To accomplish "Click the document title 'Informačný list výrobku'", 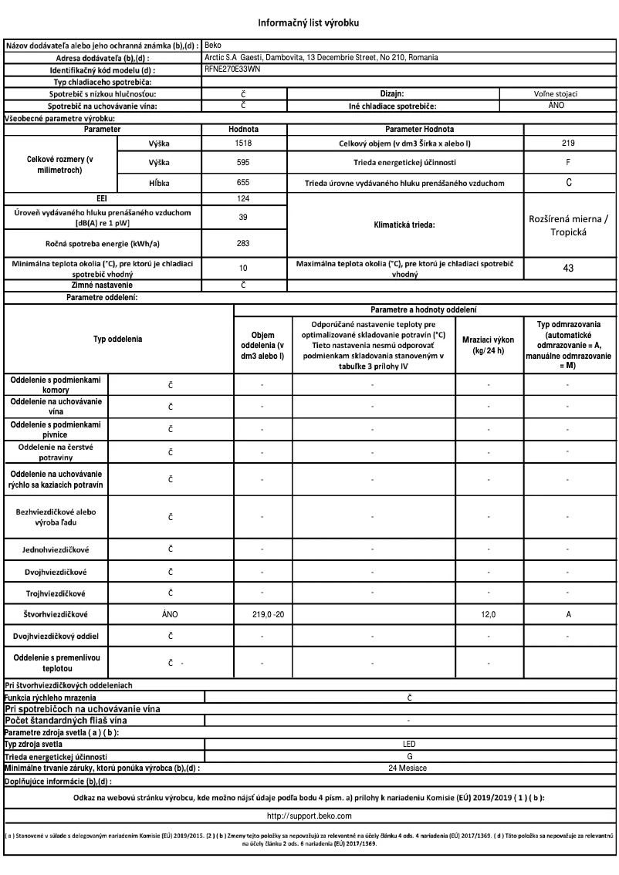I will coord(309,22).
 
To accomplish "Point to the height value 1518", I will coord(242,144).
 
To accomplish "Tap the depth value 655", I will coord(242,184).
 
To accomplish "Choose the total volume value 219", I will coord(568,144).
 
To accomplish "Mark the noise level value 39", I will coord(242,218).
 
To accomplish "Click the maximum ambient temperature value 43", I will coord(568,268).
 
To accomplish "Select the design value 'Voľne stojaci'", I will coord(568,93).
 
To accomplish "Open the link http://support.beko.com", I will coord(309,815).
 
